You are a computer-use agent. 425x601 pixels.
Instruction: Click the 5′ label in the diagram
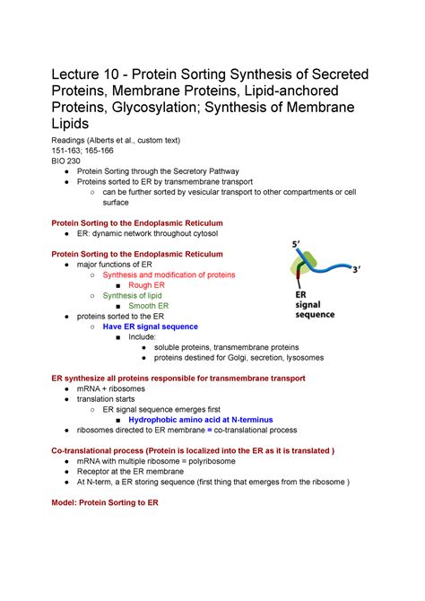click(297, 244)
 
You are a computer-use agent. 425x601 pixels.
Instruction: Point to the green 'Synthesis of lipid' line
click(134, 296)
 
